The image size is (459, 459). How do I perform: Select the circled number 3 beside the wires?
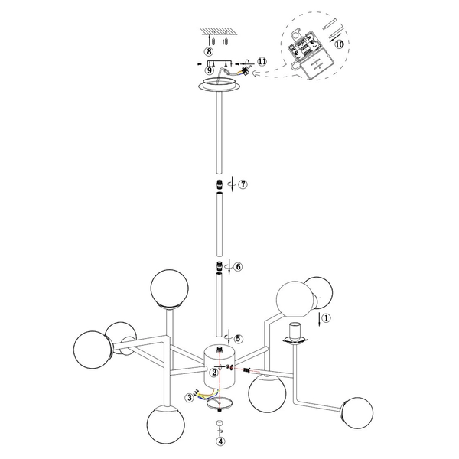click(x=189, y=397)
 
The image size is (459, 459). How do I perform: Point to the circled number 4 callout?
click(x=220, y=441)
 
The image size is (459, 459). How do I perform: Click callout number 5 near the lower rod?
click(x=238, y=338)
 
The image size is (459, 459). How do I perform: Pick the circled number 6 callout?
click(x=238, y=267)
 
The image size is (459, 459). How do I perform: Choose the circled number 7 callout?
click(x=243, y=185)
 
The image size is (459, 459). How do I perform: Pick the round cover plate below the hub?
click(x=220, y=402)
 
